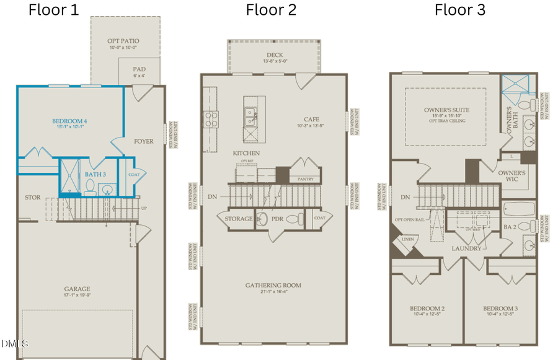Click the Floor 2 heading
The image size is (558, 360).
(x=271, y=10)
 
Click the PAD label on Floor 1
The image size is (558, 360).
(x=139, y=69)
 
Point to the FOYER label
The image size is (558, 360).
(x=143, y=141)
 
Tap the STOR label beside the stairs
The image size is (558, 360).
(x=32, y=198)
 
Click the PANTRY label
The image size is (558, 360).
(x=304, y=180)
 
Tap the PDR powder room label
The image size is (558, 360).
(x=277, y=218)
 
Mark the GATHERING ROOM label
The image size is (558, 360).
(x=273, y=285)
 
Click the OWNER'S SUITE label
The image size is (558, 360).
(x=446, y=110)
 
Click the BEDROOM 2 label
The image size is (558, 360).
(x=428, y=309)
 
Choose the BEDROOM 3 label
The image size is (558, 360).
(x=501, y=309)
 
